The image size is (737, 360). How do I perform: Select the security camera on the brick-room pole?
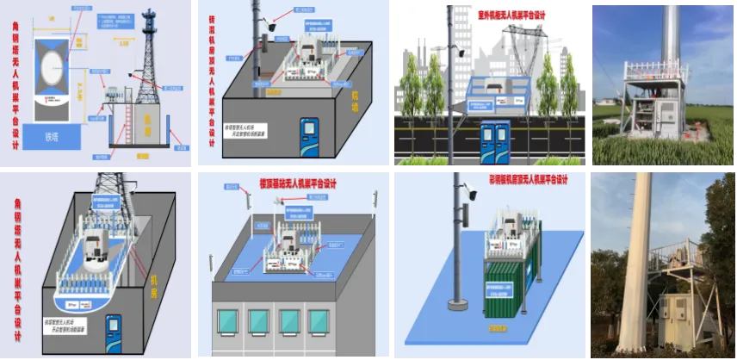269,27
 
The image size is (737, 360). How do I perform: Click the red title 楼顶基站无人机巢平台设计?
297,183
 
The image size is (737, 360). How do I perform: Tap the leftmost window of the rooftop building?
227,322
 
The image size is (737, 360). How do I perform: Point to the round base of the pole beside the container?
456,304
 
